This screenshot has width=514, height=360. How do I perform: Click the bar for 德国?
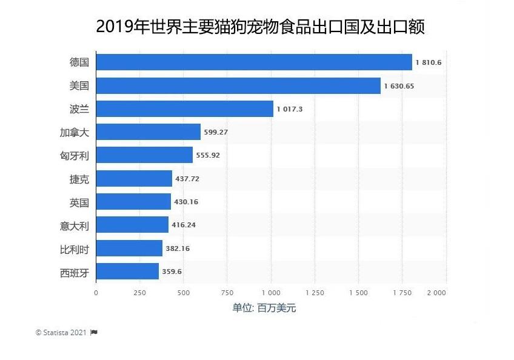click(254, 62)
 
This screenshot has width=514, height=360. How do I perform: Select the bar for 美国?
click(238, 85)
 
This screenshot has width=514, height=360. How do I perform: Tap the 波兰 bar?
click(185, 108)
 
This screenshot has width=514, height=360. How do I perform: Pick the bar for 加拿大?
click(148, 132)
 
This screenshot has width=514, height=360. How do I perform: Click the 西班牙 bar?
click(127, 271)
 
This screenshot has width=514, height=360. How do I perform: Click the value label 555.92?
click(207, 155)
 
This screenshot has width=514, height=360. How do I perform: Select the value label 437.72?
click(187, 178)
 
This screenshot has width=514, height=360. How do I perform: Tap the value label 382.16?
click(178, 248)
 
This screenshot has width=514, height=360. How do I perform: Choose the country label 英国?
click(79, 202)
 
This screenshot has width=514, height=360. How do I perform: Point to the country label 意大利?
click(75, 226)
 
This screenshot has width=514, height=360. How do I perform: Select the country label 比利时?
click(75, 248)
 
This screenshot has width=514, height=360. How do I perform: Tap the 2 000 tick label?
click(436, 292)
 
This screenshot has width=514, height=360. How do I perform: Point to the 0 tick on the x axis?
click(96, 292)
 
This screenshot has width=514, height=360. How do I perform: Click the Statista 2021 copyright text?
click(61, 332)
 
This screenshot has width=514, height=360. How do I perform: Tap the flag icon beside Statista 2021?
click(94, 332)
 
